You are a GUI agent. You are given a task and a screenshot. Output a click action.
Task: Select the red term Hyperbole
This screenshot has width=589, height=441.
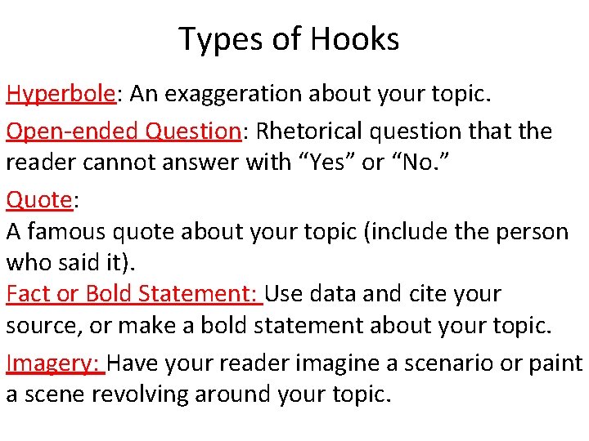(60, 95)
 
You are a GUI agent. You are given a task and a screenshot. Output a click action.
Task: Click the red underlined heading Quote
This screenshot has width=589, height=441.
(38, 199)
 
